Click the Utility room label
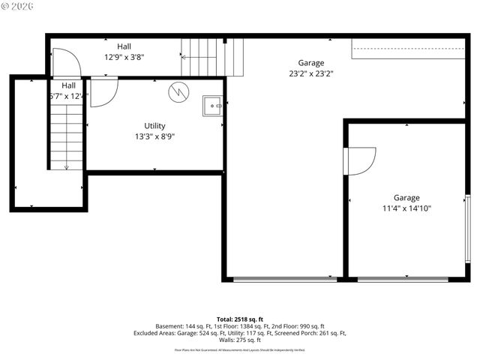pyautogui.click(x=154, y=126)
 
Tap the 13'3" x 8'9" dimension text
pyautogui.click(x=154, y=136)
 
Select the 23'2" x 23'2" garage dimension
pyautogui.click(x=310, y=73)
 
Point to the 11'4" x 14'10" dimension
pyautogui.click(x=406, y=208)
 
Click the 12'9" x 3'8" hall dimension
pyautogui.click(x=124, y=56)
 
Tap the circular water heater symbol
pyautogui.click(x=179, y=91)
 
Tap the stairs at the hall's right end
pyautogui.click(x=214, y=58)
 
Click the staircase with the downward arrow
pyautogui.click(x=66, y=135)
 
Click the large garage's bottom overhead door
pyautogui.click(x=284, y=279)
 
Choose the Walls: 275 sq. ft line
pyautogui.click(x=240, y=340)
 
